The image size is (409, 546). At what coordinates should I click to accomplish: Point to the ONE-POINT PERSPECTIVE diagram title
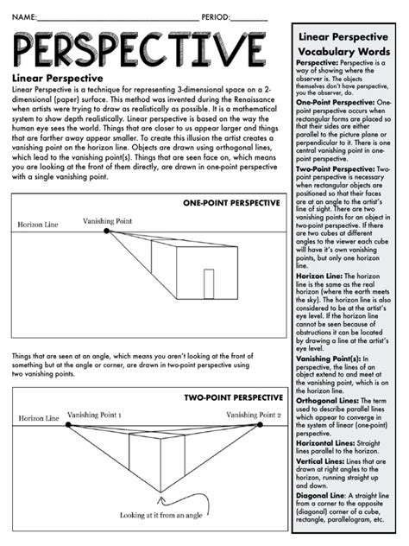231,203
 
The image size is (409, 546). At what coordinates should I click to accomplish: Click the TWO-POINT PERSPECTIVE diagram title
231,397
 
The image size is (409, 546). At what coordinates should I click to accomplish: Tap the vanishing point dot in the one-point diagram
106,231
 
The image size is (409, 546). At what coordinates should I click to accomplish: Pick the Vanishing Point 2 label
254,415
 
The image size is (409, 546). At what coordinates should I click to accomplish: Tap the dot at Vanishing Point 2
258,425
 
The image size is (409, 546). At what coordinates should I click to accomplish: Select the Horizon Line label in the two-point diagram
40,418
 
